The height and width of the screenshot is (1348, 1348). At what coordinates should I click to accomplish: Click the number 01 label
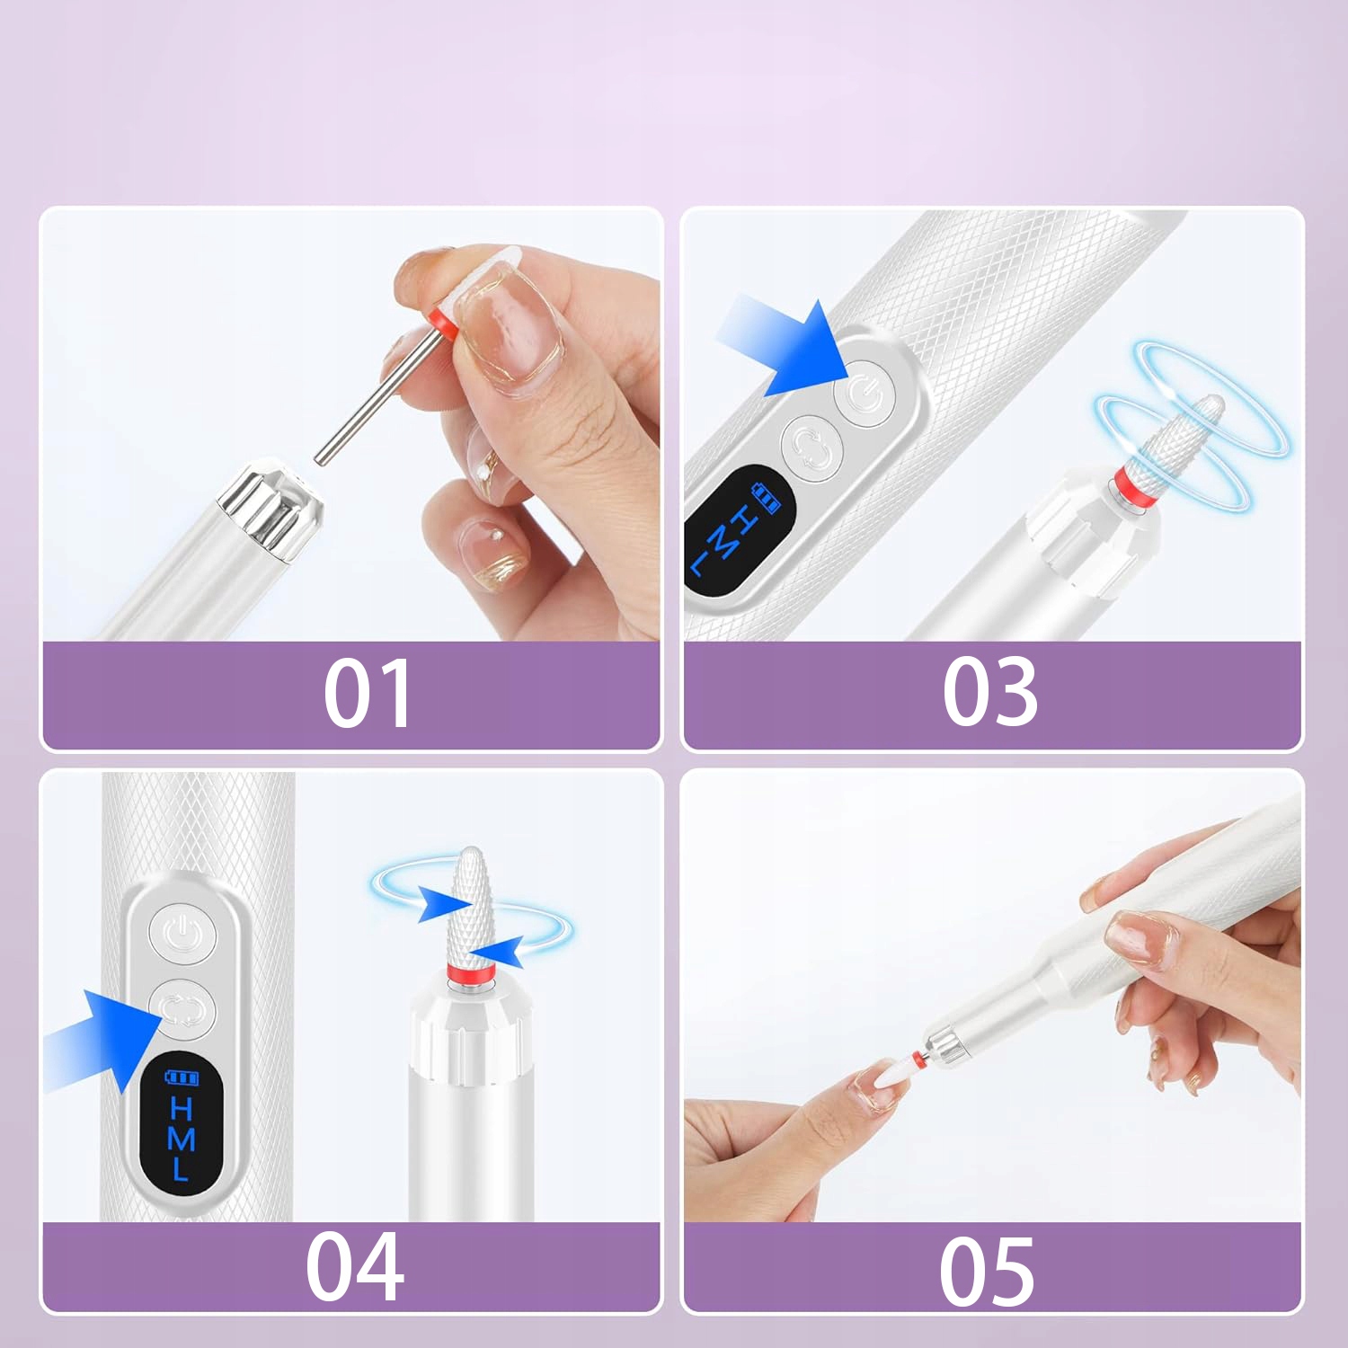[x=367, y=692]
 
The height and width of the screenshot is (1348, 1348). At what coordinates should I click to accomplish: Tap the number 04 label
[x=354, y=1266]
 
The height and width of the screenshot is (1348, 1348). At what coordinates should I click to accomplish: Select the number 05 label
[x=987, y=1270]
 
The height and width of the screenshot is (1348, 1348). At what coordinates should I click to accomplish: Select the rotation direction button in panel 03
[x=811, y=448]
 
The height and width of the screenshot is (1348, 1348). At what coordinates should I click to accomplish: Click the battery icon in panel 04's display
[x=181, y=1077]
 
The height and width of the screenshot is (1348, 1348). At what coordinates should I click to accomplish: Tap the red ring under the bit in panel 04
[x=470, y=975]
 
